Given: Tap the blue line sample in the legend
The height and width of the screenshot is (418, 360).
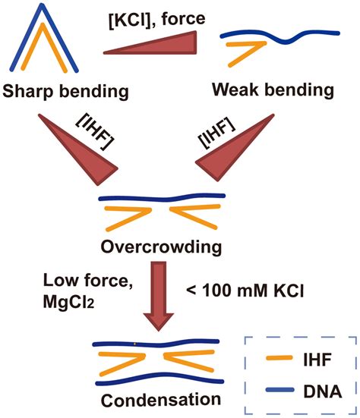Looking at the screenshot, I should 270,391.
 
